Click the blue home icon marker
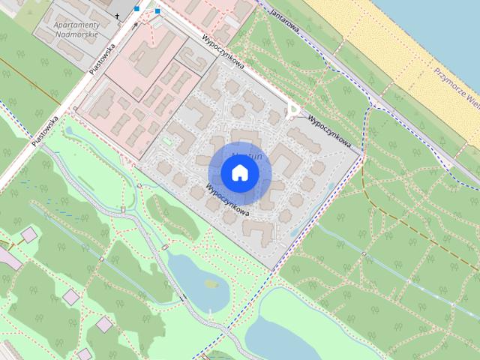pyautogui.click(x=239, y=173)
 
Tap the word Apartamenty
pyautogui.click(x=79, y=25)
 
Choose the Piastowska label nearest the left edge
pyautogui.click(x=45, y=129)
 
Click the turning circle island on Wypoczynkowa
pyautogui.click(x=293, y=112)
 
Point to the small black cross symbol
pyautogui.click(x=117, y=15)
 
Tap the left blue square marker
pyautogui.click(x=137, y=9)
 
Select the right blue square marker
pyautogui.click(x=157, y=11)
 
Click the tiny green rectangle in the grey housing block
pyautogui.click(x=166, y=141)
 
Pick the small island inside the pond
pyautogui.click(x=210, y=283)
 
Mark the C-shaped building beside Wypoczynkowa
pyautogui.click(x=283, y=158)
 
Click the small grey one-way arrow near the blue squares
pyautogui.click(x=135, y=25)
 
